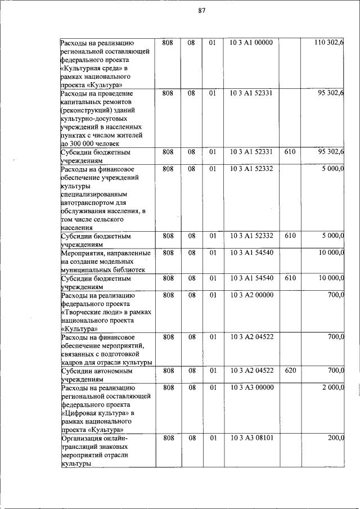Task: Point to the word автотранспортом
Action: [x=93, y=202]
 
